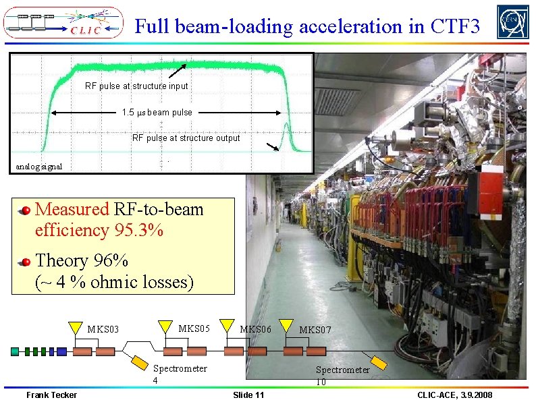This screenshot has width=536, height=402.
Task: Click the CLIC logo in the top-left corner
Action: point(63,22)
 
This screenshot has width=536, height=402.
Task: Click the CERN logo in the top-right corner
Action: point(512,22)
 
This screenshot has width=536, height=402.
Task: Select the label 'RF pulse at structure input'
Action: point(136,86)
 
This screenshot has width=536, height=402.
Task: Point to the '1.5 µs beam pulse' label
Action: point(157,113)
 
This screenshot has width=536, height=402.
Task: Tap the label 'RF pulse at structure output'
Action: point(186,138)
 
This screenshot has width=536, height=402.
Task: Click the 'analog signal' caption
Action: point(38,167)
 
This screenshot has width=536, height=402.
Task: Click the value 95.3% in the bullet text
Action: point(138,230)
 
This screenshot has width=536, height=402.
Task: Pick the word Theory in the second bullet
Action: point(61,260)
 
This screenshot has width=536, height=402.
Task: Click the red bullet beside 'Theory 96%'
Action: point(25,262)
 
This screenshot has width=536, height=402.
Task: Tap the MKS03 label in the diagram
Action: point(103,330)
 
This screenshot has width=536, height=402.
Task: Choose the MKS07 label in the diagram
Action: point(315,331)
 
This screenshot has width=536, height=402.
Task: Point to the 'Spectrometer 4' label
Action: point(180,374)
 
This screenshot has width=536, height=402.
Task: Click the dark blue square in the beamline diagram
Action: point(62,351)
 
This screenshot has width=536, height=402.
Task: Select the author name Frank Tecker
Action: point(51,395)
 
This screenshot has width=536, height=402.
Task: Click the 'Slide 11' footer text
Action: point(248,395)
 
